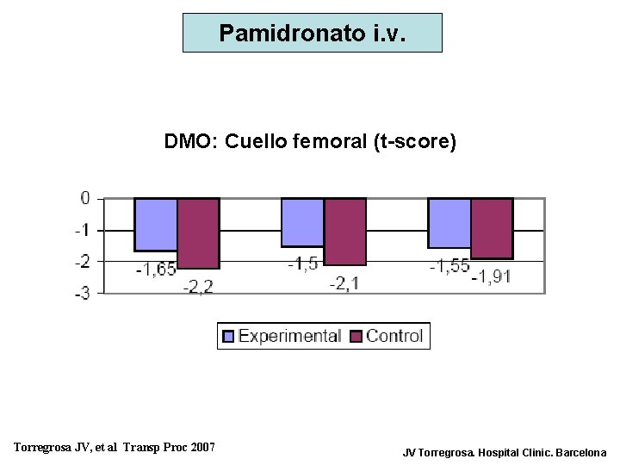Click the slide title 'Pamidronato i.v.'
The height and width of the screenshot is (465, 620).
pos(313,33)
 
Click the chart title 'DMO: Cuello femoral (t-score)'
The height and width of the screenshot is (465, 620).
pos(310,141)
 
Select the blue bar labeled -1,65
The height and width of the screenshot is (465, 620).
pos(156,225)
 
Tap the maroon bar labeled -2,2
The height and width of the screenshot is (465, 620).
pos(199,233)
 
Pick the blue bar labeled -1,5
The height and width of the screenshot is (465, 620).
pos(302,223)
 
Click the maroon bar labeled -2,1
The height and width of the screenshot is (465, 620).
pos(345,232)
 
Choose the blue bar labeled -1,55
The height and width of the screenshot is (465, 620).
pos(449,223)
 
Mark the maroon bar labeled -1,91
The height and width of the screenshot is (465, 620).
pos(492,229)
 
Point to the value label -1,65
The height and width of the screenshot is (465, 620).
pos(156,270)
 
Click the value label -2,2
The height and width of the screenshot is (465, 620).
pos(199,287)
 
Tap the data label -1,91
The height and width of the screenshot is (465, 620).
pos(492,276)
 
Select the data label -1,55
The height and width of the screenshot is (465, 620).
pos(449,266)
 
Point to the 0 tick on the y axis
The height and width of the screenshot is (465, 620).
pos(85,198)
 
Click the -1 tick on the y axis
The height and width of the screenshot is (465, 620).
pos(83,231)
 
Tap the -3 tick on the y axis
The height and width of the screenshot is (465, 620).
pos(83,294)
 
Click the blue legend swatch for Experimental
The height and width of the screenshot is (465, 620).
pos(228,337)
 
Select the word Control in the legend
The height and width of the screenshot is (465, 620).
pos(394,336)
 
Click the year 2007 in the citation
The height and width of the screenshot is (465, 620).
pos(203,447)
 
